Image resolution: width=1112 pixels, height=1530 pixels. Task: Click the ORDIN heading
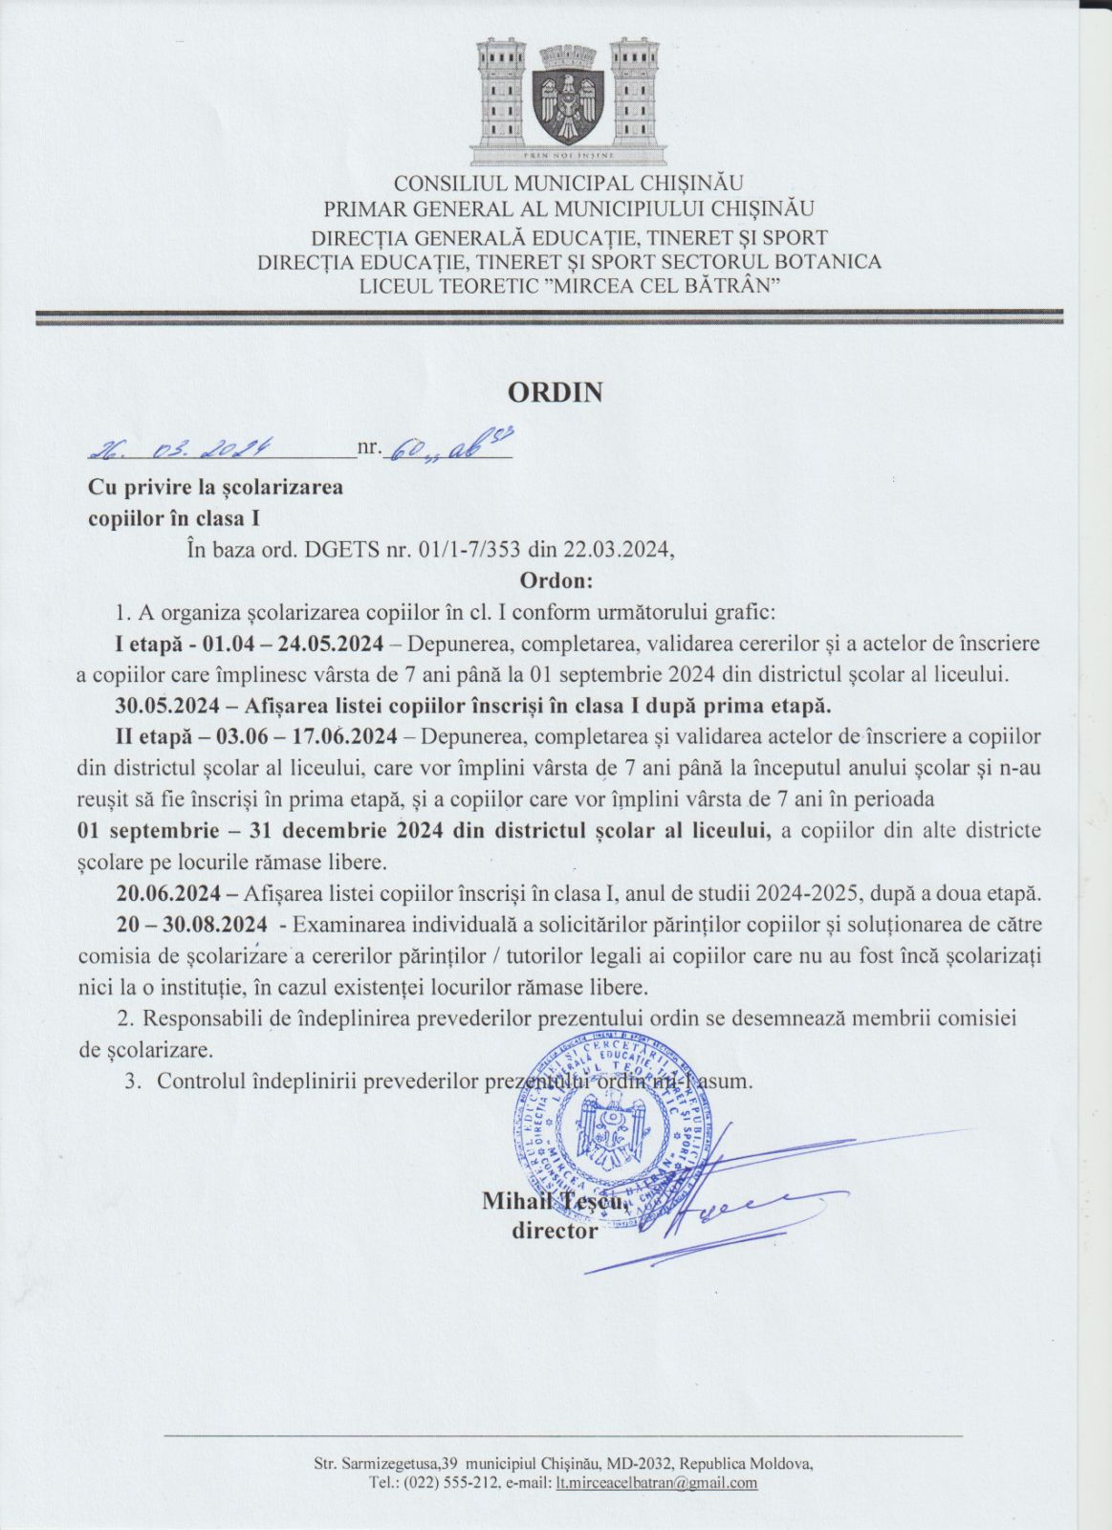(x=555, y=392)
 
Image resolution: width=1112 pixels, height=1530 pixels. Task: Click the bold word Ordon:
(x=556, y=579)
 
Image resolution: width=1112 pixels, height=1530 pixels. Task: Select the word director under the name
(x=555, y=1231)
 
